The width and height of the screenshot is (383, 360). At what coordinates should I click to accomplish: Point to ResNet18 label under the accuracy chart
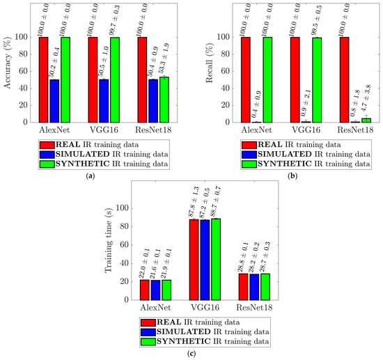[x=154, y=130]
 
